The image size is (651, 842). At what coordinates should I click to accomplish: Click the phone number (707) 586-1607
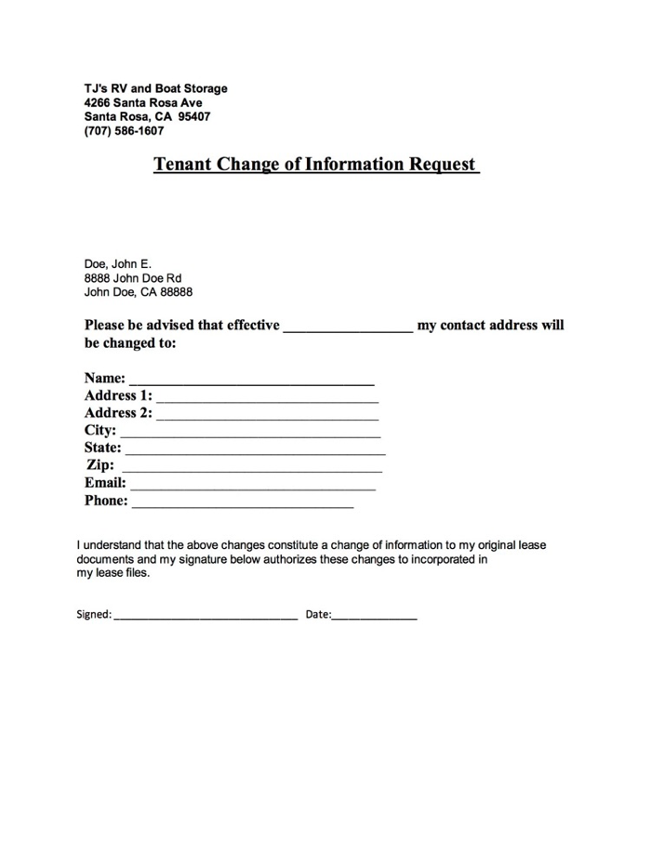(x=124, y=131)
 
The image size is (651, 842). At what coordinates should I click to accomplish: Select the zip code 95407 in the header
(x=194, y=117)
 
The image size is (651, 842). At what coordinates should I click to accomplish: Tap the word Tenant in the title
(x=182, y=166)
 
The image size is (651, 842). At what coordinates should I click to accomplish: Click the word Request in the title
(x=442, y=166)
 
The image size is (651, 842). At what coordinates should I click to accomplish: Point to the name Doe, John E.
(x=117, y=264)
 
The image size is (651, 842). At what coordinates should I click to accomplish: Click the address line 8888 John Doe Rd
(x=133, y=278)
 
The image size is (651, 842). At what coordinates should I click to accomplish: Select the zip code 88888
(x=177, y=292)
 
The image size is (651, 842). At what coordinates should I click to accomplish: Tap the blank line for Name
(x=251, y=382)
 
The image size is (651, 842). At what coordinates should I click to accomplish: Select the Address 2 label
(x=118, y=413)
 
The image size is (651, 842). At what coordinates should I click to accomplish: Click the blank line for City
(x=250, y=434)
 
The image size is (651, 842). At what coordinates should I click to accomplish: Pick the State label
(x=102, y=448)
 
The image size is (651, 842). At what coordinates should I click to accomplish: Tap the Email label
(x=105, y=484)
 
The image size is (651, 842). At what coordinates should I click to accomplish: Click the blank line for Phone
(x=243, y=505)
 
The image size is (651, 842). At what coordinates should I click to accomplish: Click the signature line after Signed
(x=206, y=618)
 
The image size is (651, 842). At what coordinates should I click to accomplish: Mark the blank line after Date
(x=375, y=618)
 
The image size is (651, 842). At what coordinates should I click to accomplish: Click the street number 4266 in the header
(x=98, y=103)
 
